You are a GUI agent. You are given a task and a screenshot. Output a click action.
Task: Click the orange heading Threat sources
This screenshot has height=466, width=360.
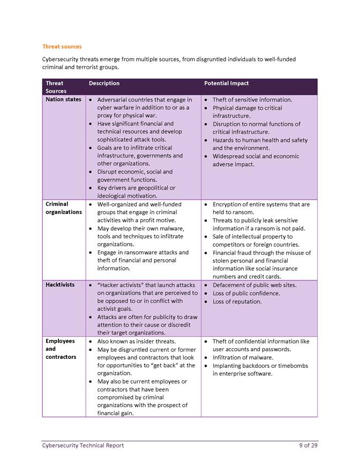pyautogui.click(x=62, y=47)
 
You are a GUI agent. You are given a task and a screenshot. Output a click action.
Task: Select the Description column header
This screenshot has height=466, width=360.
pyautogui.click(x=104, y=84)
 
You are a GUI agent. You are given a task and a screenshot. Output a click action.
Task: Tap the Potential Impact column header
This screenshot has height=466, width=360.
pyautogui.click(x=227, y=84)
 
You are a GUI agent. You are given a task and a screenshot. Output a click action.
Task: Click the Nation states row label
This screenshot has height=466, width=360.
pyautogui.click(x=63, y=100)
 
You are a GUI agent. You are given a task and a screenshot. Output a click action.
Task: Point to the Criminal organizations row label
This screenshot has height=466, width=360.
pyautogui.click(x=64, y=208)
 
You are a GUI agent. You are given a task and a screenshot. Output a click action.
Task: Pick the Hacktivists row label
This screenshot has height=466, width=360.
pyautogui.click(x=60, y=285)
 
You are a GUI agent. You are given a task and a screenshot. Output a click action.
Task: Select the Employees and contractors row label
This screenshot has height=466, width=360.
pyautogui.click(x=61, y=349)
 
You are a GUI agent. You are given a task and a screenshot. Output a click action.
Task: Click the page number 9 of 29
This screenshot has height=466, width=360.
pyautogui.click(x=309, y=446)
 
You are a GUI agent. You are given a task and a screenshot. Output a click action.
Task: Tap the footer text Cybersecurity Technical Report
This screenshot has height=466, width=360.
pyautogui.click(x=83, y=446)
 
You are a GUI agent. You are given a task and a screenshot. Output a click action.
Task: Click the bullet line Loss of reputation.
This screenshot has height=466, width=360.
pyautogui.click(x=237, y=302)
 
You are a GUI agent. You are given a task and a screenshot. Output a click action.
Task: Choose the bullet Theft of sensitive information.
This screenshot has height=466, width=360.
pyautogui.click(x=252, y=100)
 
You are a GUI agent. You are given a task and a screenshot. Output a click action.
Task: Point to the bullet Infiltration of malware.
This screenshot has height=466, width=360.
pyautogui.click(x=243, y=357)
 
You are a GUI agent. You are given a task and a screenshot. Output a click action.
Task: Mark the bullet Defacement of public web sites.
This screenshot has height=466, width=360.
pyautogui.click(x=254, y=285)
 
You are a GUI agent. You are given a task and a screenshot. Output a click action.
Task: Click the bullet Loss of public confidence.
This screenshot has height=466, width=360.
pyautogui.click(x=246, y=294)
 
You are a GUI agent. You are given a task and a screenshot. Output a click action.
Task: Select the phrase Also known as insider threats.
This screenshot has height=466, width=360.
pyautogui.click(x=137, y=341)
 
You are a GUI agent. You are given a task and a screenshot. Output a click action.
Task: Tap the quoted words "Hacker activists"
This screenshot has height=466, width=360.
pyautogui.click(x=119, y=285)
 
